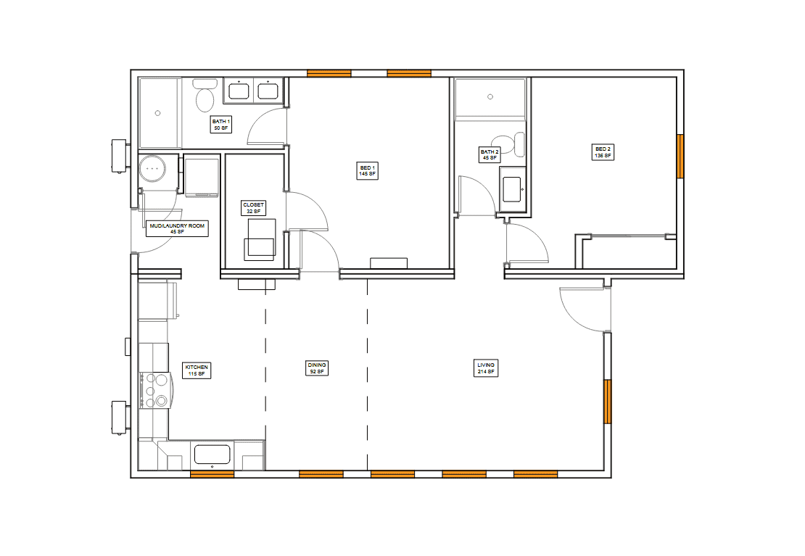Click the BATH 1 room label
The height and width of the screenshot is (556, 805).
coord(220,124)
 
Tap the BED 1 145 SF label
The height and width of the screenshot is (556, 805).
coord(367,170)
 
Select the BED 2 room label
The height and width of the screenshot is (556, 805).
coord(603,152)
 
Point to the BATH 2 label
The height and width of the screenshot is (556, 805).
coord(490,154)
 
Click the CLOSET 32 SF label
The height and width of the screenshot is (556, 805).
coord(253,207)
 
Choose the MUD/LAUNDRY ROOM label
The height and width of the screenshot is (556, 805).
coord(177,228)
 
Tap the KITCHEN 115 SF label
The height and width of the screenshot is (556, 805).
coord(196,370)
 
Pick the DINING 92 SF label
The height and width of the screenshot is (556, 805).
coord(317,368)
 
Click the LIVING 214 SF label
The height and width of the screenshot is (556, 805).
coord(486,368)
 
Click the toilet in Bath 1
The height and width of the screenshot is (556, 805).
coord(205,96)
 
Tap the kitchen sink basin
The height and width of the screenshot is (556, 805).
coord(212,455)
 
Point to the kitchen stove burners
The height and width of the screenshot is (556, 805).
coord(155,390)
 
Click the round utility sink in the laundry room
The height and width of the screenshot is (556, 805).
coord(152,168)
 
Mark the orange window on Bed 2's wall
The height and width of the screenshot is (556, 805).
coord(680,156)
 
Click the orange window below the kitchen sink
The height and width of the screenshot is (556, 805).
coord(212,474)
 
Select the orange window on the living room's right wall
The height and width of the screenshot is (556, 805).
coord(607,402)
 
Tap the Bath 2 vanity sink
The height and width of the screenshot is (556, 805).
coord(512,189)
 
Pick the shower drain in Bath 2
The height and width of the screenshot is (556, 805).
coord(490,96)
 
